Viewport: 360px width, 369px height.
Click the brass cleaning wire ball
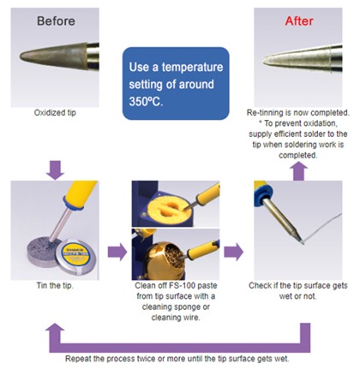point(162,255)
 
